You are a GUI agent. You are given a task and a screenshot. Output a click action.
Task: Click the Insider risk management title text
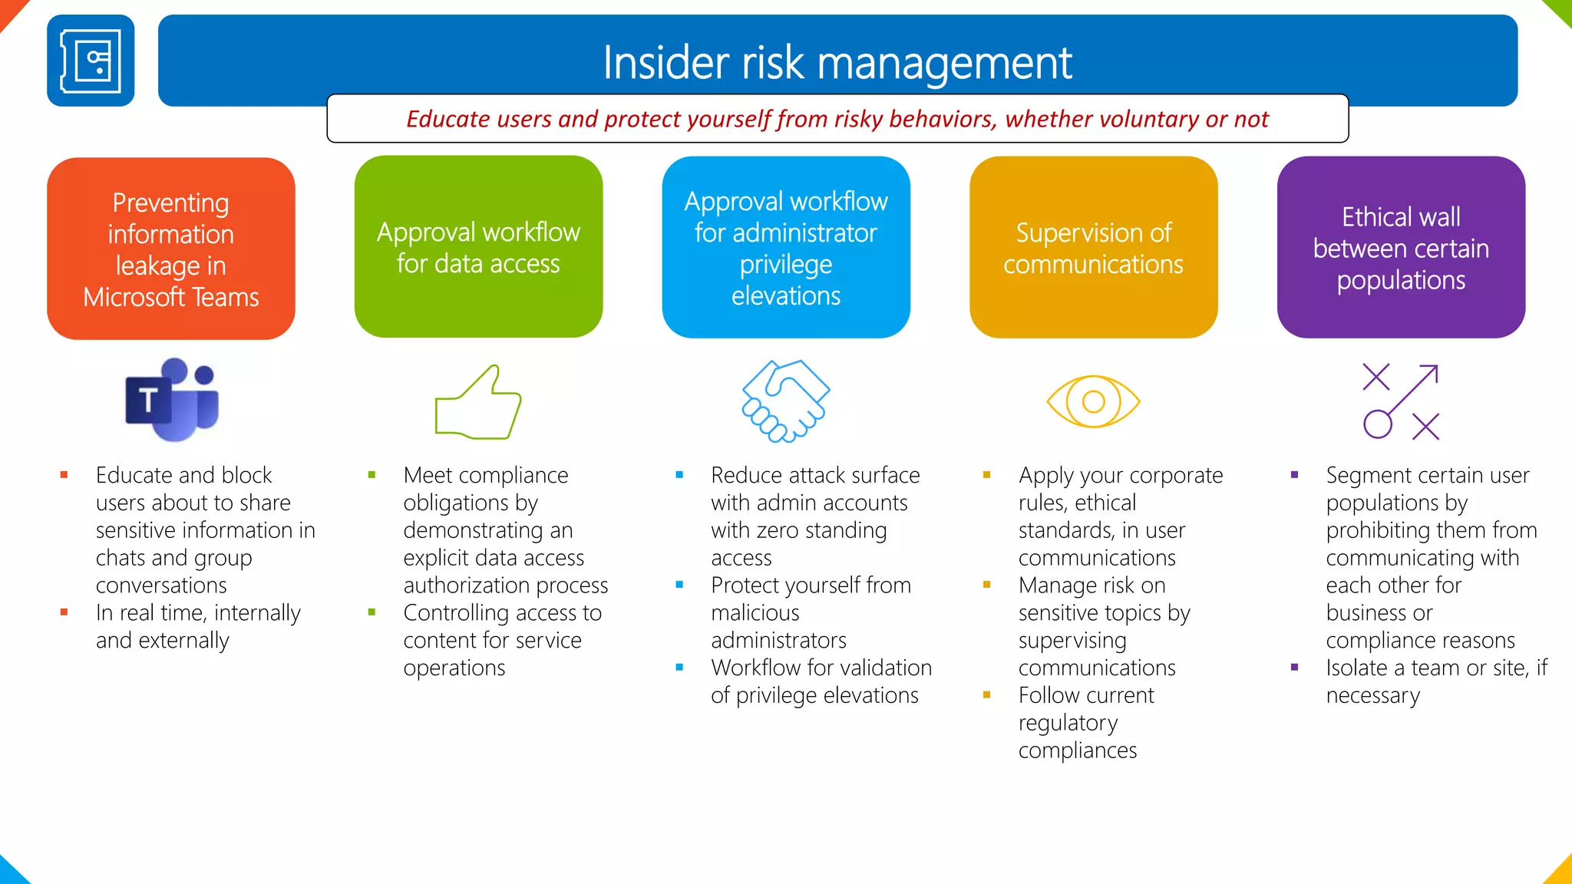click(x=837, y=62)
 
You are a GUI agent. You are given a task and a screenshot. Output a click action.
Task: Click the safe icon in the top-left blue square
click(x=91, y=61)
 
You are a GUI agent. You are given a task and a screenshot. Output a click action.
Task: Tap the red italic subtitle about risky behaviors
click(x=837, y=119)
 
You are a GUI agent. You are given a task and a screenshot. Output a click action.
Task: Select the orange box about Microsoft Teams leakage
click(x=171, y=249)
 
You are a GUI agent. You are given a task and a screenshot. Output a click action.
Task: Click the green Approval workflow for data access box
click(x=478, y=247)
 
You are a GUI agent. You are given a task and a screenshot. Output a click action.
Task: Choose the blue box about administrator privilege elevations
click(x=786, y=247)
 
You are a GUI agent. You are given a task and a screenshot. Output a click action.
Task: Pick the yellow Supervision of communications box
click(x=1093, y=247)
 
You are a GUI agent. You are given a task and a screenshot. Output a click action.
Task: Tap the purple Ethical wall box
click(x=1401, y=247)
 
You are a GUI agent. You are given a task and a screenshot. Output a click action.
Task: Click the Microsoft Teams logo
click(x=172, y=400)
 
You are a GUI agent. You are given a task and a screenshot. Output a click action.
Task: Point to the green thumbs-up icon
click(x=478, y=402)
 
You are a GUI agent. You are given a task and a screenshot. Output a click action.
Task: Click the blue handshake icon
click(x=785, y=401)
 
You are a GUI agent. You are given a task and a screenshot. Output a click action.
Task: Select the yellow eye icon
click(x=1093, y=401)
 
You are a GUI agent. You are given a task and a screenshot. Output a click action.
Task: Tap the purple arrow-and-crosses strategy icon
click(x=1401, y=401)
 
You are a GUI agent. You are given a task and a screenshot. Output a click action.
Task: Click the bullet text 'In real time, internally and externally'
click(x=197, y=626)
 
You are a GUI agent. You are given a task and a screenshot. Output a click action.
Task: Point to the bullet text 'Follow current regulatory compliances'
click(x=1085, y=722)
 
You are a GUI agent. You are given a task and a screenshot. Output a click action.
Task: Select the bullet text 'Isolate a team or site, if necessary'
click(x=1435, y=681)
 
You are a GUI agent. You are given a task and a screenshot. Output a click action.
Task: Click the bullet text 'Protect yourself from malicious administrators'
click(x=810, y=612)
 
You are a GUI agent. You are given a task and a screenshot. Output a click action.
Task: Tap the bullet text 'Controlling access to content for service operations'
click(x=502, y=640)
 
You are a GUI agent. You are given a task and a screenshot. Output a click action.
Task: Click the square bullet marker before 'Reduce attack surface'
click(x=679, y=475)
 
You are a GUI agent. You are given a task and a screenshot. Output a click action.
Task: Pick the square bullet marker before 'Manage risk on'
click(x=986, y=585)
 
